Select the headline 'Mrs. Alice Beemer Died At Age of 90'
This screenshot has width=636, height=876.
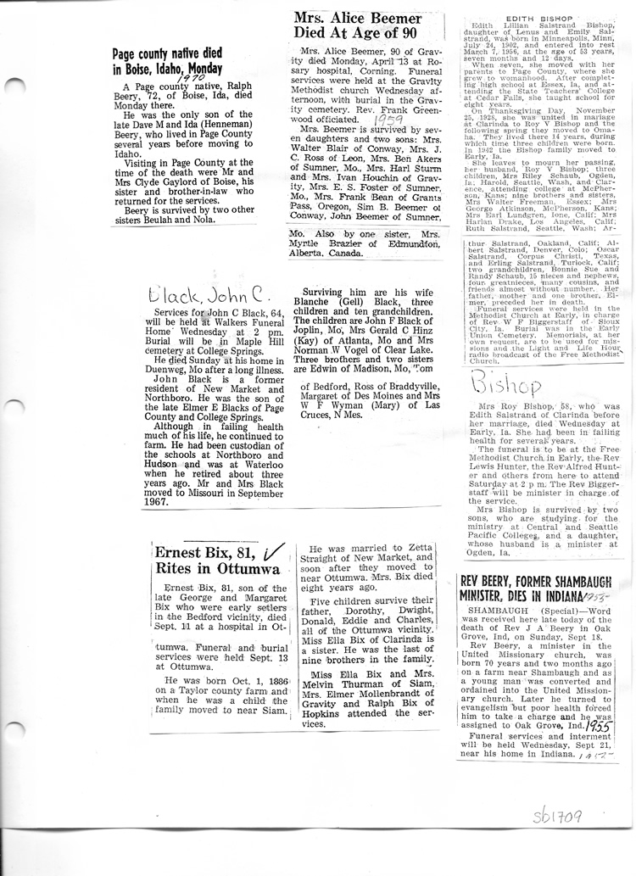(357, 25)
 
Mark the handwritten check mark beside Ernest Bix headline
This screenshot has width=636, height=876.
(271, 551)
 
